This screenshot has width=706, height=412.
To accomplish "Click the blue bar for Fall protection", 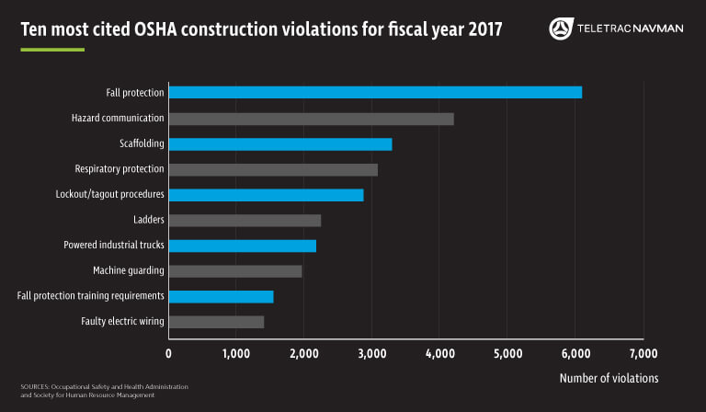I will [x=375, y=92].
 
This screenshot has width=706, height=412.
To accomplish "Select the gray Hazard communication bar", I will [x=311, y=119].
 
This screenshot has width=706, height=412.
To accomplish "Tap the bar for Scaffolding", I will [x=280, y=143].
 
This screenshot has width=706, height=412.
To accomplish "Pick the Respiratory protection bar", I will [x=273, y=169].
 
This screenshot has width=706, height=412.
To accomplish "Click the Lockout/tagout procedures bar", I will [x=266, y=195].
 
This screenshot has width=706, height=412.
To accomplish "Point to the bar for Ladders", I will [x=245, y=220].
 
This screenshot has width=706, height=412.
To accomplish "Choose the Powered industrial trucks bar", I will [x=242, y=246].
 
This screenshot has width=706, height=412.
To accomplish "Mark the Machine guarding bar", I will [x=235, y=271].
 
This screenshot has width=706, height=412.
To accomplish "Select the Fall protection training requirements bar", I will [x=221, y=296].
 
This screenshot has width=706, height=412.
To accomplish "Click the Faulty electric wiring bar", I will [x=216, y=322].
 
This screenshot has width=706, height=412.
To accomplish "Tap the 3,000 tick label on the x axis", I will [x=372, y=354].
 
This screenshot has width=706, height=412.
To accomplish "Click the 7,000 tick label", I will [x=643, y=354].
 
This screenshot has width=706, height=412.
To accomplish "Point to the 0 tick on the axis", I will [x=169, y=354].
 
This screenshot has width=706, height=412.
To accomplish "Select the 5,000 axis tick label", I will [x=507, y=354].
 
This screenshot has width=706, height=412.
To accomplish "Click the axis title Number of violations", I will [x=609, y=378].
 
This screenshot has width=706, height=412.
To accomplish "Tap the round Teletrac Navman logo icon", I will [x=559, y=29].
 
